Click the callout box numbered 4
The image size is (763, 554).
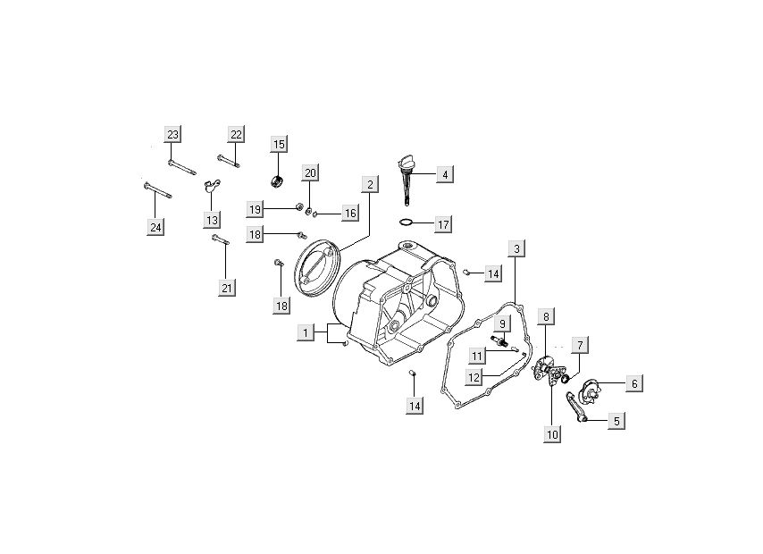click(444, 175)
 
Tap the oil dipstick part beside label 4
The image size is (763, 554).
click(407, 179)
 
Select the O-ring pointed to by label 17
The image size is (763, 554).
click(406, 222)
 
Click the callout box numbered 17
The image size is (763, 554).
click(444, 222)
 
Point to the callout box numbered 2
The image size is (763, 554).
click(367, 185)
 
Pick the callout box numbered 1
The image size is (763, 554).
click(306, 332)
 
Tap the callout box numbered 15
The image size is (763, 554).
click(279, 144)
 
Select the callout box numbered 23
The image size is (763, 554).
click(172, 134)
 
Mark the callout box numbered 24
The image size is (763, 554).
click(155, 227)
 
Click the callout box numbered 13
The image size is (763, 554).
click(212, 219)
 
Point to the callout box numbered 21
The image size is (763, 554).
click(227, 287)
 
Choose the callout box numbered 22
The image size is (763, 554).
click(236, 134)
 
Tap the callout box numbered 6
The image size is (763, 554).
click(633, 383)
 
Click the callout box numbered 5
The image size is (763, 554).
click(616, 419)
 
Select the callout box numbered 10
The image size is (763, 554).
click(553, 434)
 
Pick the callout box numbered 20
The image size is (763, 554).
click(310, 172)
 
